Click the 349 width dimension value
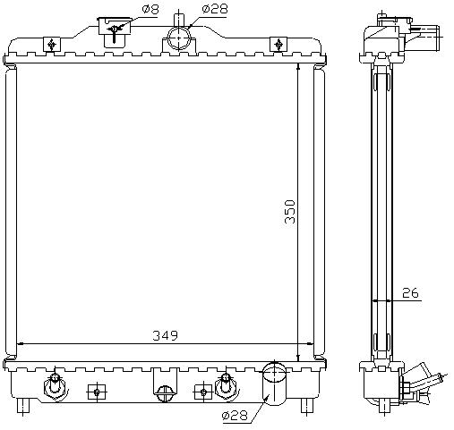165,335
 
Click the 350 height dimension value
290,212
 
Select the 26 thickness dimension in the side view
410,293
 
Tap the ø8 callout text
150,9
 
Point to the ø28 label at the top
215,9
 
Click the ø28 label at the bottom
235,415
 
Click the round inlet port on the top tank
178,38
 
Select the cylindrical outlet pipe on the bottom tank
274,384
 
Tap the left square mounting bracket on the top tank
52,44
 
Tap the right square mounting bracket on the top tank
278,44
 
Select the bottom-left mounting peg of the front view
23,406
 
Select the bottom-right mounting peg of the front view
307,406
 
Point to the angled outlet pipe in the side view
424,376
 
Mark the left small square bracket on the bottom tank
97,392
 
